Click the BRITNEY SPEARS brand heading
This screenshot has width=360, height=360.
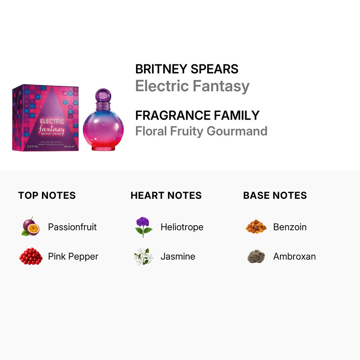pos(187,69)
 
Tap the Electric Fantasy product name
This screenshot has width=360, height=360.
pos(192,86)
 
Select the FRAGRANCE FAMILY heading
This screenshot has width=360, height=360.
pos(197,115)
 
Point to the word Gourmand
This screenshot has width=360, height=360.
pos(237,131)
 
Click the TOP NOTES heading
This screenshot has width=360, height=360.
pos(47,195)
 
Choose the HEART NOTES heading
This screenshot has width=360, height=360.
pos(166,195)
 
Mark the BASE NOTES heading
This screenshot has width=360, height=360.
pos(275,195)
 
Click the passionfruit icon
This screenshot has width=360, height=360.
pos(30,226)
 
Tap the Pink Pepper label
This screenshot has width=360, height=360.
pos(73,256)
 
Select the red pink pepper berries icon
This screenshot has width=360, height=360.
pos(31,256)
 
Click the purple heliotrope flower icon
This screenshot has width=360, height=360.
pos(143,227)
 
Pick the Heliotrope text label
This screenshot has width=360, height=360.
pos(182,227)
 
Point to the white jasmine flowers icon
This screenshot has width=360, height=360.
pos(144,256)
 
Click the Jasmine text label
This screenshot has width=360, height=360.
pos(178,256)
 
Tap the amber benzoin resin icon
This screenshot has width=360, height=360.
pos(256,226)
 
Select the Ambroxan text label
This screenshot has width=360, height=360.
pos(294,256)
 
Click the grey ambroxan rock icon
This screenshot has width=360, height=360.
pos(256,256)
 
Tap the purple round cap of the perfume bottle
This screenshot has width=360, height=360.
pos(103,95)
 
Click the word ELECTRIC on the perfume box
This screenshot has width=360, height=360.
pos(52,121)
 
